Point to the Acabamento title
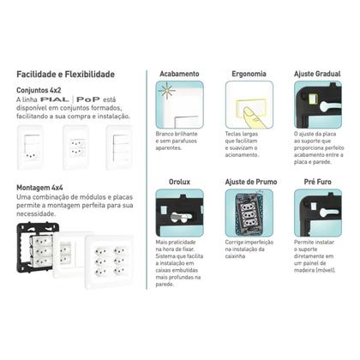pyautogui.click(x=179, y=75)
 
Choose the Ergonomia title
pyautogui.click(x=249, y=75)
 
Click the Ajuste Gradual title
pyautogui.click(x=316, y=75)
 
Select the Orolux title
pyautogui.click(x=179, y=182)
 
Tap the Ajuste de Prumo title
pyautogui.click(x=249, y=182)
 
